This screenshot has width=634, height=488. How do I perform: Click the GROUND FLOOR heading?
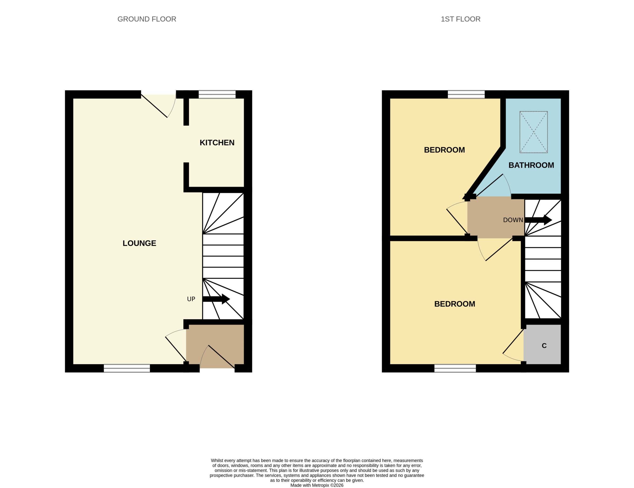[x=147, y=19]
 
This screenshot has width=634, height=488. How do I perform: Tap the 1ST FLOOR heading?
[x=460, y=19]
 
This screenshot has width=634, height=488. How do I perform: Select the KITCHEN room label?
[x=217, y=142]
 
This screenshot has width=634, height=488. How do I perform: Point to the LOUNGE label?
[x=139, y=243]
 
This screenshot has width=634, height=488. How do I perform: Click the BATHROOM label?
[x=531, y=165]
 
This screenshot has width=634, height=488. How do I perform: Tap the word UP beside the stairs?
[x=191, y=299]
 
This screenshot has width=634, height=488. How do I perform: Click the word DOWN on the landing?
[x=513, y=220]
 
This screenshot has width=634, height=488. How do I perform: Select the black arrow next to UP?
[x=216, y=299]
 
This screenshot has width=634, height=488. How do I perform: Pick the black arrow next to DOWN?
[x=538, y=220]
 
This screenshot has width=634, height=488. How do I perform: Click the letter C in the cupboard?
[x=544, y=346]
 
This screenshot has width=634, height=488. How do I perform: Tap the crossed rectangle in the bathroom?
[x=533, y=132]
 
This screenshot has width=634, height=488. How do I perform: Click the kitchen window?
[x=217, y=94]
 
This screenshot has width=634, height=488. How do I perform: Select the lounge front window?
[x=127, y=368]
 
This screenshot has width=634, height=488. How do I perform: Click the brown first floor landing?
[x=496, y=217]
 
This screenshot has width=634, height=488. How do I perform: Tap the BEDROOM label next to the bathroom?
[x=445, y=150]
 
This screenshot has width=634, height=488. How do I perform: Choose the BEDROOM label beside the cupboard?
[x=455, y=304]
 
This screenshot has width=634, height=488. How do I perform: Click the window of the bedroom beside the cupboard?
[x=455, y=368]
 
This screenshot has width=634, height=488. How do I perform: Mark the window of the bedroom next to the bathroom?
[x=466, y=94]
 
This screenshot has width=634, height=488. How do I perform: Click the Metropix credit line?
[x=317, y=485]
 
